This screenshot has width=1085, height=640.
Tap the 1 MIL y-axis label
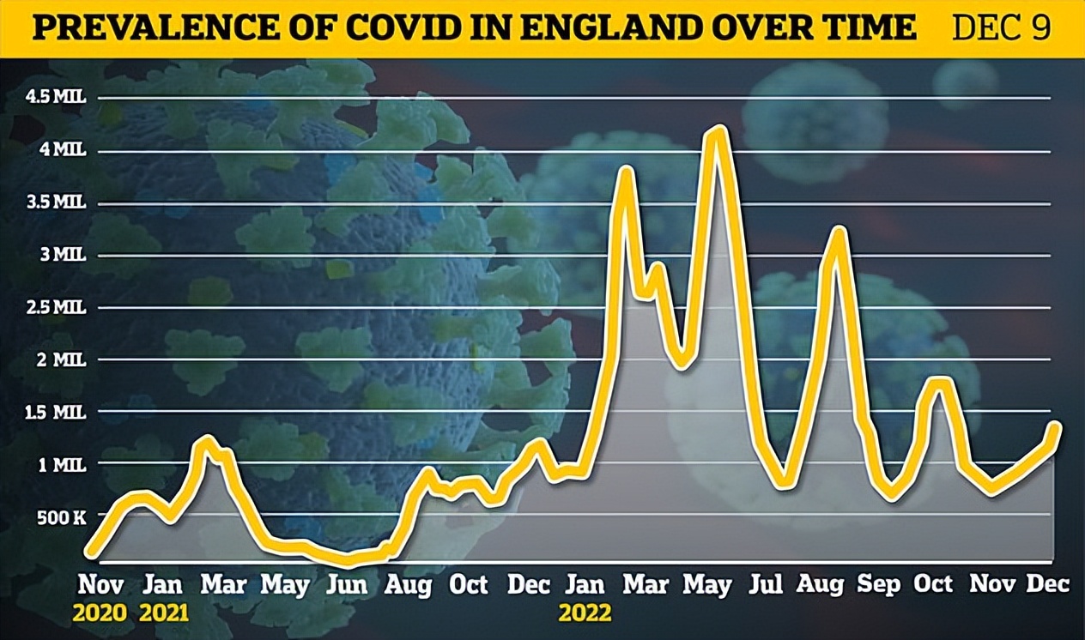pos(62,464)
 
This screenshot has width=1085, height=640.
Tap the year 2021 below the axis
pos(163,614)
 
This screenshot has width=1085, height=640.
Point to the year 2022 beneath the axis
pos(585,614)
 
